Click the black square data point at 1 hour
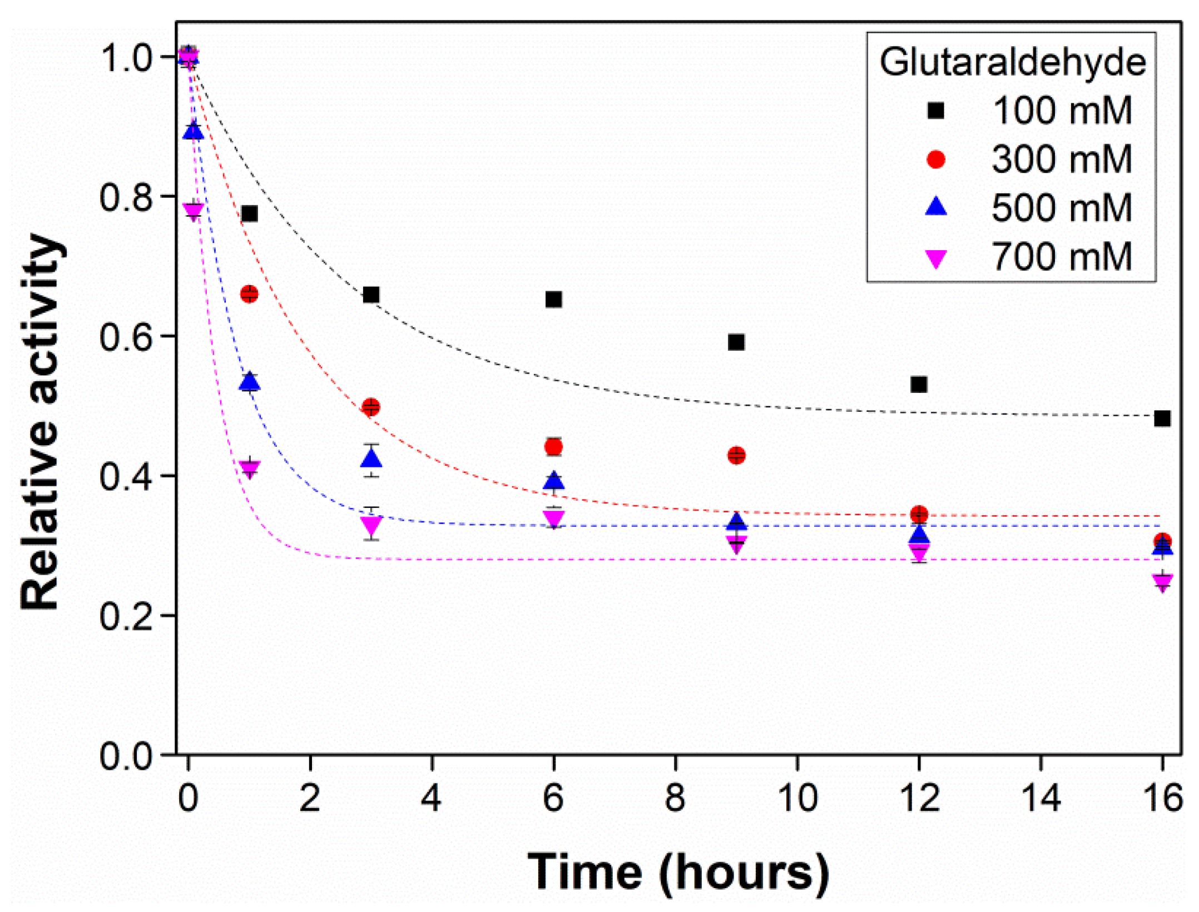coord(249,213)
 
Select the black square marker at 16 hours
coord(1162,418)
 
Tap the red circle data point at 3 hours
coord(371,407)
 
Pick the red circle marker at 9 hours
coord(736,456)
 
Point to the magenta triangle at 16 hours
coord(1162,582)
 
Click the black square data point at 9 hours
coord(736,342)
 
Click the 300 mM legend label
coord(1061,160)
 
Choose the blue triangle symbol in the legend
coord(936,207)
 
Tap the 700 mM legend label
coord(1061,257)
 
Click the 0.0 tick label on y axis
coord(126,756)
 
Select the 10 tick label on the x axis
coord(797,799)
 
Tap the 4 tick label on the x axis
coord(432,799)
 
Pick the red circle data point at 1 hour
coord(249,295)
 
